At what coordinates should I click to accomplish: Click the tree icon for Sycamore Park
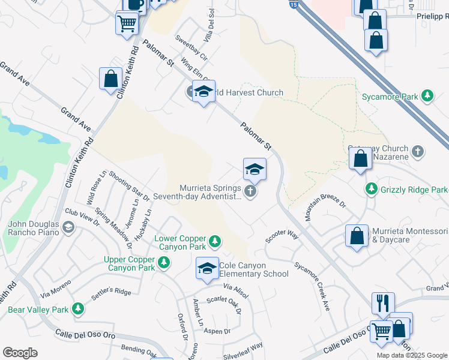point(427,95)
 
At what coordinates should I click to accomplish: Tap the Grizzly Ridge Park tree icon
point(372,190)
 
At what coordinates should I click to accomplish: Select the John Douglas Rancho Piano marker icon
point(68,226)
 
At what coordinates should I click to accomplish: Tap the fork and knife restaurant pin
point(383,303)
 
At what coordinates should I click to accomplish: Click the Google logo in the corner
point(20,353)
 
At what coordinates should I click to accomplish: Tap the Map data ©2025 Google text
point(412,355)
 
